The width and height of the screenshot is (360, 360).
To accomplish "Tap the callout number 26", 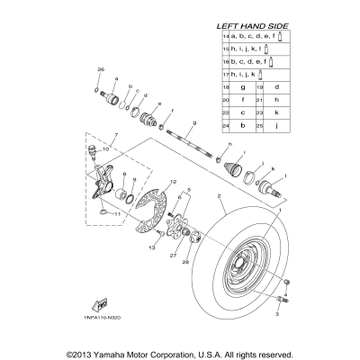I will coord(101,69).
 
